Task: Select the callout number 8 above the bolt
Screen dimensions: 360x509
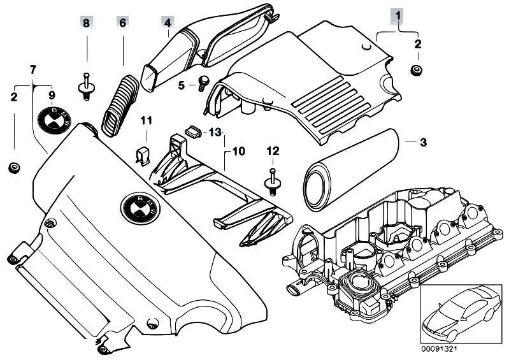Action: coord(86,23)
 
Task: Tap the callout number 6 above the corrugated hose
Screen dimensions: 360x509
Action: coord(122,23)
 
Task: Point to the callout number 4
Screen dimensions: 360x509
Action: coord(167,23)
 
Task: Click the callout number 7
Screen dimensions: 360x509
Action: coord(33,68)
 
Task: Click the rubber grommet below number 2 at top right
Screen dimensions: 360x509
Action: coord(417,69)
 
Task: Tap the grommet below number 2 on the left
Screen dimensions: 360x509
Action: coord(13,168)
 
